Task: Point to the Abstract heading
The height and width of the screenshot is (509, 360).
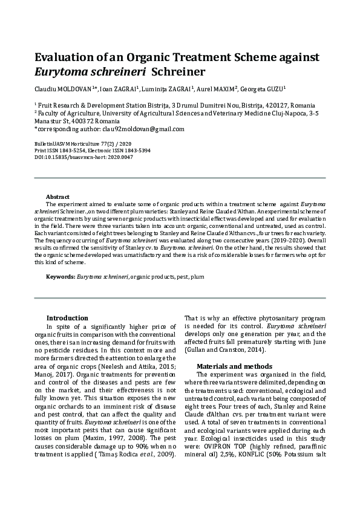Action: (x=58, y=197)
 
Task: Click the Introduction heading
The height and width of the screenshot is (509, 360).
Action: (x=67, y=318)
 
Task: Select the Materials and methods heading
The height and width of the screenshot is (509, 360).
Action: (x=234, y=366)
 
